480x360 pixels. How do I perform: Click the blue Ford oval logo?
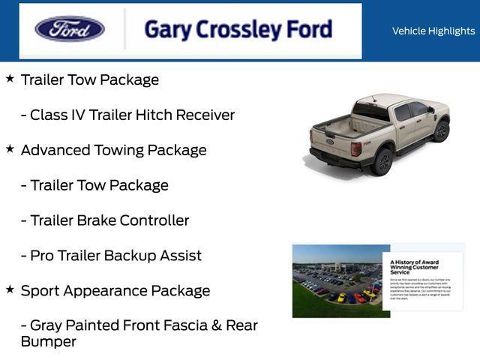tap(70, 29)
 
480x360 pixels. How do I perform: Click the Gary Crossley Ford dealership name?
tap(238, 30)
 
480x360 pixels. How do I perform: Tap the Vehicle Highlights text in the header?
tap(433, 31)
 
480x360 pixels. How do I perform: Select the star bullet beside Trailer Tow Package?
tap(10, 78)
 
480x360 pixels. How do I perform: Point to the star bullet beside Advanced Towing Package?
tap(10, 148)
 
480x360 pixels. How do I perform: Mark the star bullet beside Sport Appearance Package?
tap(10, 289)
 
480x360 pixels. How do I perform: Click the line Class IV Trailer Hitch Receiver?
tap(127, 115)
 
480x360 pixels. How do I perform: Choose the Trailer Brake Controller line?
tap(105, 220)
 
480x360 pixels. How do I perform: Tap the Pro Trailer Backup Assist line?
tap(111, 256)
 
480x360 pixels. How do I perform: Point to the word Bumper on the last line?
tap(48, 342)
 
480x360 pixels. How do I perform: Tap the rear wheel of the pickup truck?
tap(383, 160)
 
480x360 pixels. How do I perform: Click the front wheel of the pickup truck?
tap(441, 130)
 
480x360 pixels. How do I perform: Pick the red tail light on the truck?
tap(356, 148)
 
